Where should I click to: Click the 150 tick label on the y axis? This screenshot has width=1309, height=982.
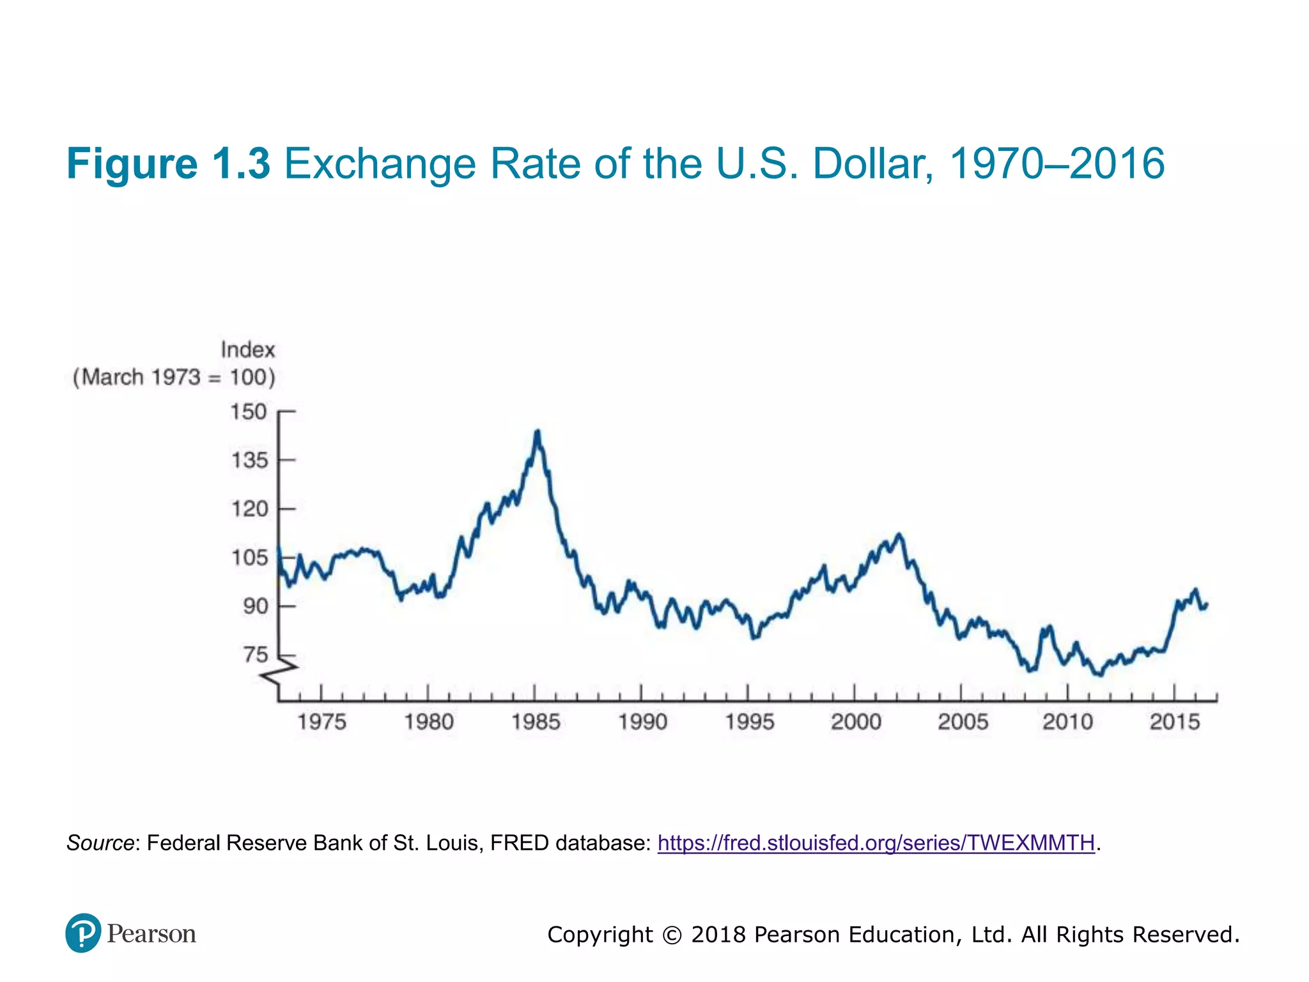249,412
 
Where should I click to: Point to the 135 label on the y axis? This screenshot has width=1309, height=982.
249,460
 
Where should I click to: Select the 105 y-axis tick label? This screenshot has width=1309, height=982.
249,558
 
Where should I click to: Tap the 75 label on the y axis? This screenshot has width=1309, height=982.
255,655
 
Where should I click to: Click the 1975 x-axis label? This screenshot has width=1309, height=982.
321,722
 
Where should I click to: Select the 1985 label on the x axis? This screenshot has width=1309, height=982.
536,722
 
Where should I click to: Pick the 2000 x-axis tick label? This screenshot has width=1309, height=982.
856,722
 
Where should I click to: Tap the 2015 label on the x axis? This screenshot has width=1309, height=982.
1175,722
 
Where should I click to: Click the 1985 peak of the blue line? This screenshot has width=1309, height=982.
538,432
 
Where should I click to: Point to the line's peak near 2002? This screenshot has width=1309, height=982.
899,534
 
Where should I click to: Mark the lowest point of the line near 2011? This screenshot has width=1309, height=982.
1099,674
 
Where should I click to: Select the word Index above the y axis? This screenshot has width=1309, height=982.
247,350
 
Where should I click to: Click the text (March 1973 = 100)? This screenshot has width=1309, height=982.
174,377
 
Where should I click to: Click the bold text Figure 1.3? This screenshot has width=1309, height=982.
168,164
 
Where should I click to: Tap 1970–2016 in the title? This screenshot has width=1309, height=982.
1057,164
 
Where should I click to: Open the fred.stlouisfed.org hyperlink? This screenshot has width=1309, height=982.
876,843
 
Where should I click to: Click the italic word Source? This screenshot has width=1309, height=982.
100,843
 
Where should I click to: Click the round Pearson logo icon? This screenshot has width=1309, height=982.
83,933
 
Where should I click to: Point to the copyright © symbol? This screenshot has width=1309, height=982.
671,935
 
